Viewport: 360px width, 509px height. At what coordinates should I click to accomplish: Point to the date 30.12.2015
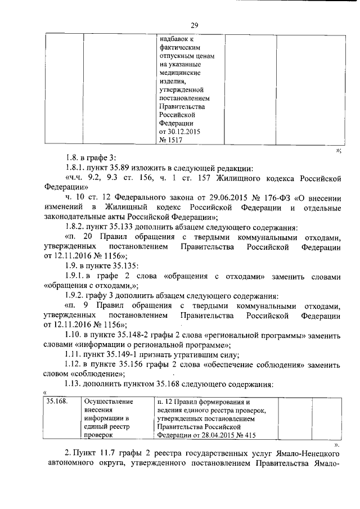click(183, 132)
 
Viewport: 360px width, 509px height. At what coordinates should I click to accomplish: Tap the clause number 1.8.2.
click(76, 228)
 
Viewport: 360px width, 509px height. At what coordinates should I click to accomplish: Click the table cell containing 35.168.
click(62, 418)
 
